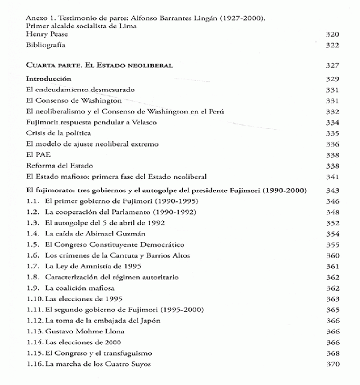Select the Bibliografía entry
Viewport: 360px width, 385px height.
(45, 46)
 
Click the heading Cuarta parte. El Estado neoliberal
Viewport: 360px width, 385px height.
(100, 65)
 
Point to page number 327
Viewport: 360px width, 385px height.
(332, 65)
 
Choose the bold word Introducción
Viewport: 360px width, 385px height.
(49, 79)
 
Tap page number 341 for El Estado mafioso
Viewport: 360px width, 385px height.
(332, 177)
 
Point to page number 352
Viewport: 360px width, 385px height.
(332, 223)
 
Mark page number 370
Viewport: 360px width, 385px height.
(332, 363)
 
